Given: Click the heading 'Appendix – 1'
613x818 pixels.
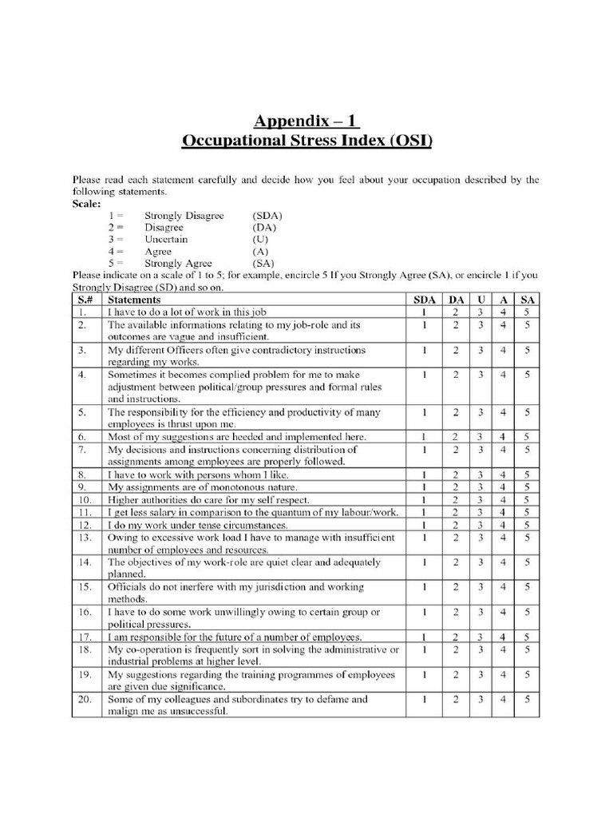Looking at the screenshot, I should (x=306, y=121).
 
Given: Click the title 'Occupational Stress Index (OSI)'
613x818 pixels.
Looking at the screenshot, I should (x=306, y=142).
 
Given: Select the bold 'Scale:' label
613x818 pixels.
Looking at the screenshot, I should (x=87, y=204).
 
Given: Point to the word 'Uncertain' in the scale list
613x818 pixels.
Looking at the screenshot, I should (x=166, y=239).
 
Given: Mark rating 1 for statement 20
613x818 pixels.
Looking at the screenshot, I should (x=425, y=700).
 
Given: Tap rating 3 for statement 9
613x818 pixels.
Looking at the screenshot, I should (x=481, y=486).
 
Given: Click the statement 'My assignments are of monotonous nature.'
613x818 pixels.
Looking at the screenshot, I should (x=203, y=486).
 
